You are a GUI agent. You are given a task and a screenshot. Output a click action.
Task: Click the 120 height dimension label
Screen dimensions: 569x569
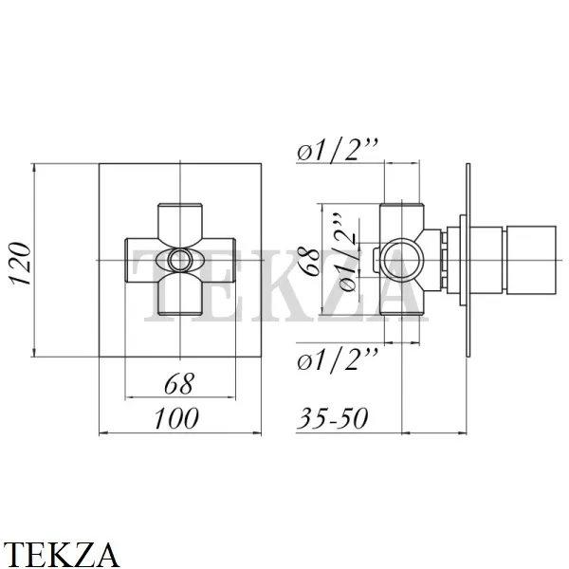22,263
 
